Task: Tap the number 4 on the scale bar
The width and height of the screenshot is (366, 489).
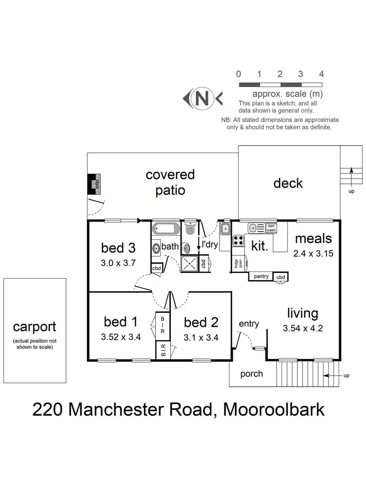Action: (x=321, y=74)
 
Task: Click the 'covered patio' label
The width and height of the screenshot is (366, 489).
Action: (x=170, y=182)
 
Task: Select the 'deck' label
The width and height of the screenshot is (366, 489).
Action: (x=288, y=183)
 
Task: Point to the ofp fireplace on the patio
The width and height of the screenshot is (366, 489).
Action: (x=96, y=184)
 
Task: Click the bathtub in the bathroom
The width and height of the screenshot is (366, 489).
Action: (x=166, y=229)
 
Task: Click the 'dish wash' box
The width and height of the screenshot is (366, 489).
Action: (x=271, y=228)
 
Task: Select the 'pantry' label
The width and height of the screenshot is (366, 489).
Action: (x=261, y=276)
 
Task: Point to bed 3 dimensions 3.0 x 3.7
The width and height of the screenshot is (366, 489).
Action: (x=118, y=263)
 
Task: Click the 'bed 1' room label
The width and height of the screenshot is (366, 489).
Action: (x=121, y=322)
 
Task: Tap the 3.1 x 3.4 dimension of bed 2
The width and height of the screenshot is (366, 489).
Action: (x=201, y=337)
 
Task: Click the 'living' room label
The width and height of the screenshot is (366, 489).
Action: (x=303, y=313)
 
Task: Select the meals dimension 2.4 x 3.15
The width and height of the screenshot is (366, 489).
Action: (x=312, y=254)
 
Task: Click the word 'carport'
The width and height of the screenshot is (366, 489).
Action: (x=34, y=327)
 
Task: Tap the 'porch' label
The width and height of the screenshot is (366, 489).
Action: (x=252, y=374)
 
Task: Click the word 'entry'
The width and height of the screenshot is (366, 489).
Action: (x=249, y=324)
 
